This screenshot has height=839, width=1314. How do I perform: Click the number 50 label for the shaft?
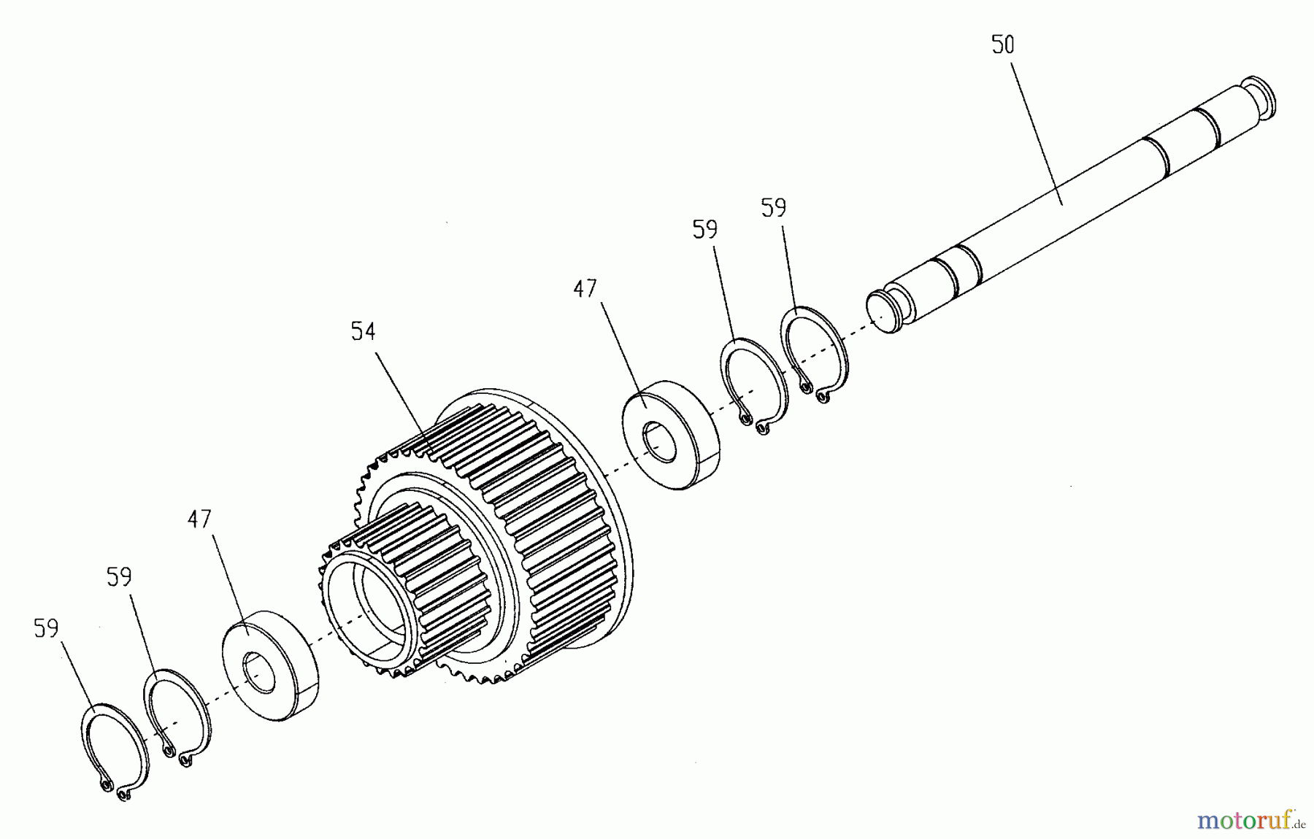1003,45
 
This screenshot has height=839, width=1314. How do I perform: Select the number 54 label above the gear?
363,331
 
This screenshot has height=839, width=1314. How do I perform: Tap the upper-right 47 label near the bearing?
585,289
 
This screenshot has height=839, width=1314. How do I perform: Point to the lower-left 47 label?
199,519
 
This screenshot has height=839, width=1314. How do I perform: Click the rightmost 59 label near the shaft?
774,209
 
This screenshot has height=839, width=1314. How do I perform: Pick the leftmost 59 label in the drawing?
46,629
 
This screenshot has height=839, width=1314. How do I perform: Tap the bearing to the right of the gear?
669,433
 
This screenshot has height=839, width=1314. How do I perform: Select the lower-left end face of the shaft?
884,312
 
